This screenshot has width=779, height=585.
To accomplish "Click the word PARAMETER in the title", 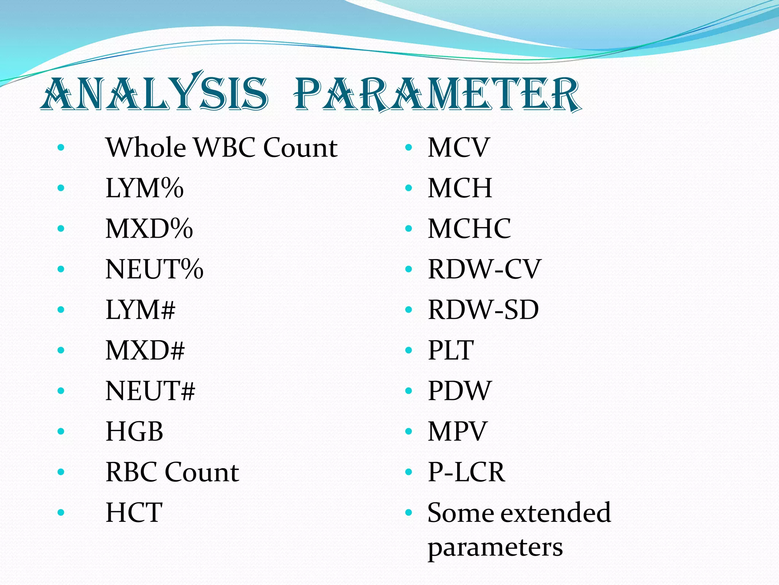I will point(437,94).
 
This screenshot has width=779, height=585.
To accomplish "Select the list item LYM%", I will point(145,188).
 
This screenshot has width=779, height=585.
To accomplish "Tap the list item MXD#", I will point(145,350).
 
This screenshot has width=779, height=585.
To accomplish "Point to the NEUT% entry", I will point(154,269).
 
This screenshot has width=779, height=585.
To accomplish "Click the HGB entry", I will point(134,432).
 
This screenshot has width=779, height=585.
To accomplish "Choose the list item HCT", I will point(134,513).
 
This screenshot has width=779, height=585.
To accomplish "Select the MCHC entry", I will point(469,229).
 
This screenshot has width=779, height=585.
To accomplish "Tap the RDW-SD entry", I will point(483,310).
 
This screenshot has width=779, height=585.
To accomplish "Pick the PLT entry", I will point(451,350).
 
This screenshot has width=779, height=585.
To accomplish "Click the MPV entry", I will point(457,432).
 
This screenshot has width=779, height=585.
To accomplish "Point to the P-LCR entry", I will point(466,472).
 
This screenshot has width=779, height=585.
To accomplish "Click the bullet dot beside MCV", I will point(409,147).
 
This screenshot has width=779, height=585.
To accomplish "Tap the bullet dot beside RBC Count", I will point(61,472).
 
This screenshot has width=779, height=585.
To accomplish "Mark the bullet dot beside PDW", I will point(409,391).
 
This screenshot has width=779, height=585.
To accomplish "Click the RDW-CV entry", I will point(484,269).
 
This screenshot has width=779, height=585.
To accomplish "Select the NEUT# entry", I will point(150,391).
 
